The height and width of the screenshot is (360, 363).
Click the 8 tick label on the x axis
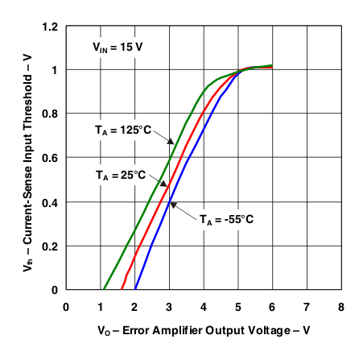click(x=342, y=307)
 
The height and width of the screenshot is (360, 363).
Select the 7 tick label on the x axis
click(x=307, y=307)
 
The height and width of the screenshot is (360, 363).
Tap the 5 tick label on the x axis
click(x=238, y=307)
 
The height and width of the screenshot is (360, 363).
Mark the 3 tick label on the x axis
click(x=169, y=307)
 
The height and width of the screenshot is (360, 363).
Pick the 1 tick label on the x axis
click(x=101, y=307)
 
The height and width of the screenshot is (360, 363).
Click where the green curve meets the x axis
click(x=103, y=289)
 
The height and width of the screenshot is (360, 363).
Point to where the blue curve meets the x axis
click(x=135, y=289)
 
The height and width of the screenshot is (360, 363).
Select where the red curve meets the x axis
click(x=122, y=289)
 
